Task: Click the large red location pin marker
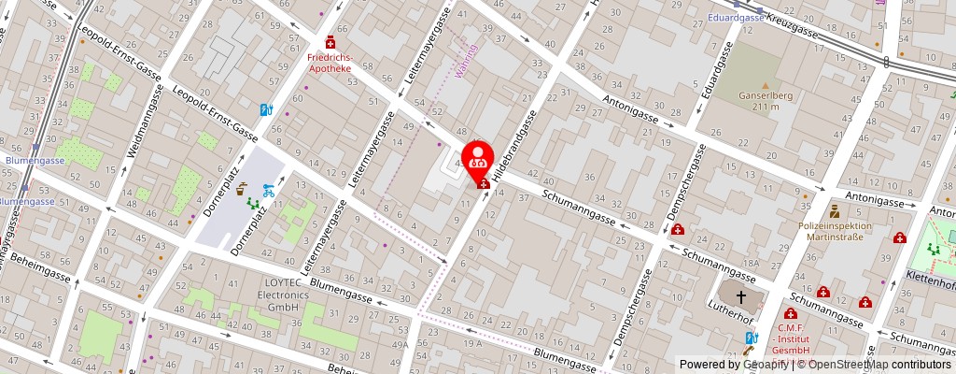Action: click(478, 155)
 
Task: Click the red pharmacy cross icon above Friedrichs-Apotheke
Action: click(330, 43)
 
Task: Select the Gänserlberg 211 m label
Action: click(765, 101)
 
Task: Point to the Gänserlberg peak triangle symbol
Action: click(764, 85)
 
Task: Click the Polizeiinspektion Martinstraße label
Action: click(835, 231)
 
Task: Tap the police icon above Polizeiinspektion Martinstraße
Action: click(833, 212)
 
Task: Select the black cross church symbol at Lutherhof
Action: click(741, 297)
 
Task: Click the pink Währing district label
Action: click(471, 61)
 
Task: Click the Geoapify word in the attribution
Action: click(764, 365)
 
